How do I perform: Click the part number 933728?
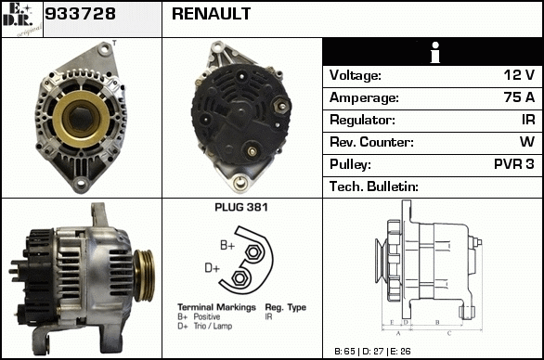coord(80,14)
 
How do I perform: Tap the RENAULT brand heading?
coord(211,14)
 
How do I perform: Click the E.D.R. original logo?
coord(22,19)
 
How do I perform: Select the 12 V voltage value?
coord(519,75)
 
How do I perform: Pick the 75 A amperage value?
coord(519,97)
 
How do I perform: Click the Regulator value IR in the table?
coord(528,120)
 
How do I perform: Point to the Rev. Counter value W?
coord(527,142)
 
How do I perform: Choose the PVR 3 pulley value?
coord(513,164)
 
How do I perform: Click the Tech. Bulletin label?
coord(374,186)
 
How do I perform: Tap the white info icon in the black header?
coord(435,52)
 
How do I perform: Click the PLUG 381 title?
coord(241,208)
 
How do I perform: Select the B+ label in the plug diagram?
coord(227,246)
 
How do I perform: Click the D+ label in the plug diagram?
coord(213,268)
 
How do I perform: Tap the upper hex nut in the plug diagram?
coord(253,252)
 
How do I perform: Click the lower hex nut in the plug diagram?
coord(239,278)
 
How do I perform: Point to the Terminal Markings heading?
coord(216,307)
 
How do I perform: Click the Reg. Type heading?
coord(286,307)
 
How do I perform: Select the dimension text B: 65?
coord(344,352)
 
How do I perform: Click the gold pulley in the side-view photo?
coord(144,276)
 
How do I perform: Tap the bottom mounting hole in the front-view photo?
coord(81,183)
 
